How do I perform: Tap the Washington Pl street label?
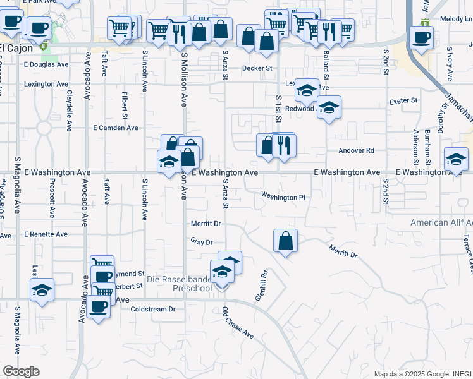(x=283, y=197)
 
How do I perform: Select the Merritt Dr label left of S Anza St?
(x=206, y=224)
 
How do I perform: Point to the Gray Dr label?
(x=202, y=242)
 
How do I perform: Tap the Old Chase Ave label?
(x=238, y=323)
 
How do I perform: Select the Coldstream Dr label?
(x=152, y=310)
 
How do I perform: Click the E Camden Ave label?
(x=115, y=128)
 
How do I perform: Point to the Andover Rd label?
(x=357, y=151)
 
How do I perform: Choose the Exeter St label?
(x=403, y=100)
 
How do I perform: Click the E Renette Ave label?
(x=46, y=234)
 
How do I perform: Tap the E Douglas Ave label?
(x=46, y=64)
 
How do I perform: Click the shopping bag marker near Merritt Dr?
(x=286, y=240)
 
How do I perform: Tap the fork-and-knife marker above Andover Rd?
(x=284, y=146)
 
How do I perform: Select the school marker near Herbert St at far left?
(x=42, y=290)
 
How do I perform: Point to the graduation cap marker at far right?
(x=456, y=159)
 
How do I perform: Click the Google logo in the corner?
(x=20, y=371)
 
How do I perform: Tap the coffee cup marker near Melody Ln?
(x=421, y=36)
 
